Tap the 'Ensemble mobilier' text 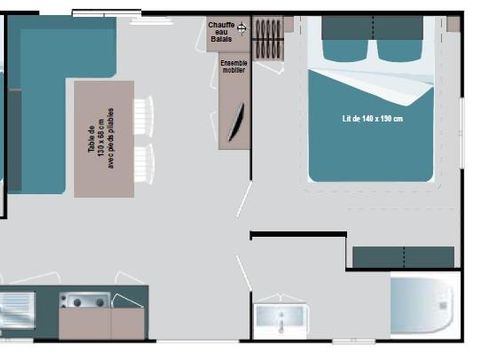pyautogui.click(x=233, y=67)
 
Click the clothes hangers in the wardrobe pyautogui.click(x=267, y=38)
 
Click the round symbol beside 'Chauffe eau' pyautogui.click(x=241, y=28)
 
